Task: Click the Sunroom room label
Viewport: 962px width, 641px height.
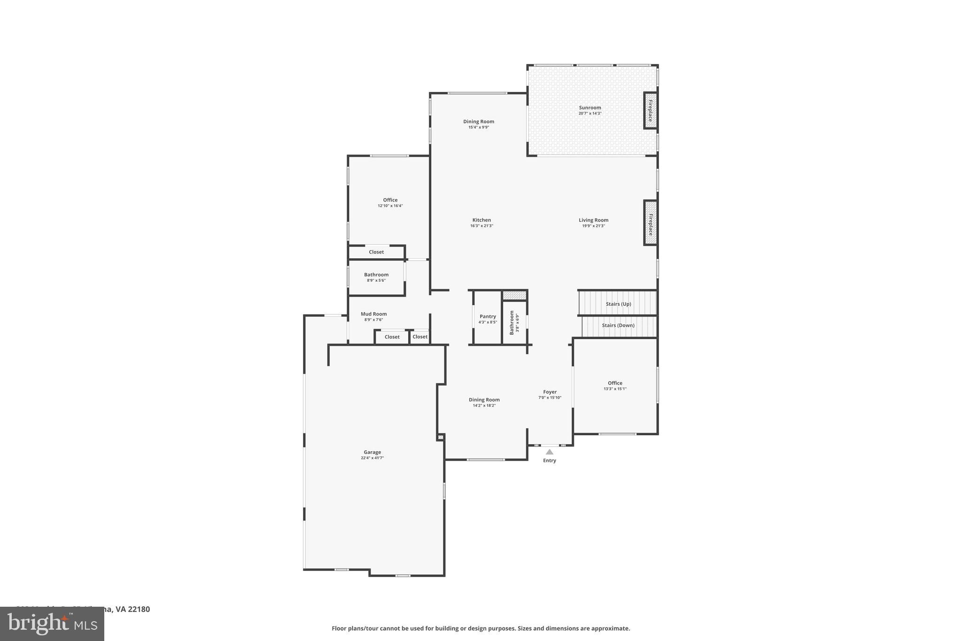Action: pyautogui.click(x=590, y=108)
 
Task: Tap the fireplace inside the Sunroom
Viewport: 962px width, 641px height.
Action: pyautogui.click(x=650, y=111)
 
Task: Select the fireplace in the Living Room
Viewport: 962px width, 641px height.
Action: pyautogui.click(x=650, y=223)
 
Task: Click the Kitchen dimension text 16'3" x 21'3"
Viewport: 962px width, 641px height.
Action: pyautogui.click(x=481, y=226)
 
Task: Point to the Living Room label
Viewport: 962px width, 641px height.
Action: pyautogui.click(x=593, y=220)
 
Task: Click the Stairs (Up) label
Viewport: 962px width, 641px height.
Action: pyautogui.click(x=618, y=304)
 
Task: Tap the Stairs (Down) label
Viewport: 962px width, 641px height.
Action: pyautogui.click(x=618, y=325)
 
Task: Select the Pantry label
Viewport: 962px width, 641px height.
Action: pyautogui.click(x=488, y=317)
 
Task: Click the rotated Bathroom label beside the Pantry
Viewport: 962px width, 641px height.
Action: pyautogui.click(x=512, y=323)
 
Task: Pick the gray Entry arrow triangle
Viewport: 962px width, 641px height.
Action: pyautogui.click(x=549, y=452)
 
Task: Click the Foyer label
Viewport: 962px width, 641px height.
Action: pyautogui.click(x=550, y=392)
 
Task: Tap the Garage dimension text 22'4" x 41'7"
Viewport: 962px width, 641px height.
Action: pyautogui.click(x=372, y=458)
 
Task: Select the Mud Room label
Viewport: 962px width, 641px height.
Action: pyautogui.click(x=373, y=314)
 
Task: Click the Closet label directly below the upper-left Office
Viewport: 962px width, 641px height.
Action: pyautogui.click(x=376, y=252)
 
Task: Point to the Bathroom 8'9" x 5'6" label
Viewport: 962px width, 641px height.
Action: pyautogui.click(x=376, y=275)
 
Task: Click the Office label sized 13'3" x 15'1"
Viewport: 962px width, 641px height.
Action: pyautogui.click(x=615, y=383)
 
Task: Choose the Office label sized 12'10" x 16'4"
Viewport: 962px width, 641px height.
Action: pyautogui.click(x=390, y=200)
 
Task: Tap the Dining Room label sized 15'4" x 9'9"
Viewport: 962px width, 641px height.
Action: pyautogui.click(x=479, y=122)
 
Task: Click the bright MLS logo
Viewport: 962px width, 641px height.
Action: pyautogui.click(x=52, y=624)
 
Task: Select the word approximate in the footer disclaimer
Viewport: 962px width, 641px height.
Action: pyautogui.click(x=610, y=628)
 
